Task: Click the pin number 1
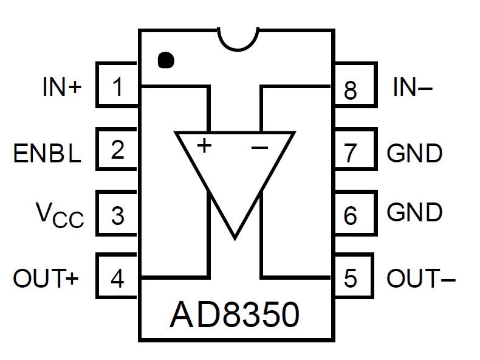point(118,87)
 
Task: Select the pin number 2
point(117,150)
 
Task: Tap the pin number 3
point(117,216)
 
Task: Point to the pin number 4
point(117,278)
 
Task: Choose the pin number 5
point(350,278)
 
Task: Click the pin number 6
point(350,215)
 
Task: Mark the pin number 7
point(351,153)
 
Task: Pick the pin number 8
point(350,90)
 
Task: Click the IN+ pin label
point(62,87)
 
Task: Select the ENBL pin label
point(47,153)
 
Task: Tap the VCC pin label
point(60,215)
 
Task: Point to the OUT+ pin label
point(46,278)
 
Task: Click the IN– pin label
point(413,87)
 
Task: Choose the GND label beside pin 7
point(414,153)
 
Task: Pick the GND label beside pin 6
point(414,212)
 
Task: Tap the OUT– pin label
point(421,278)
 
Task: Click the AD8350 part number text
point(235,314)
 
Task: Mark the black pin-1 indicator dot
point(166,60)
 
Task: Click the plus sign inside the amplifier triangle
point(204,145)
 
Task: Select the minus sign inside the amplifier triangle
point(259,148)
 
